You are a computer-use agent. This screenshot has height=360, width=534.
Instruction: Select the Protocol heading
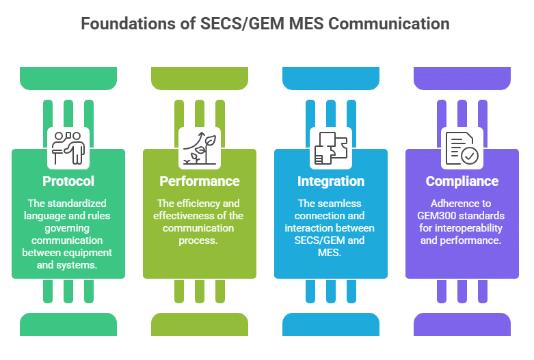point(68,181)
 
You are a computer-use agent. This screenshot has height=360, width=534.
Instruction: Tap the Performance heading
point(200,181)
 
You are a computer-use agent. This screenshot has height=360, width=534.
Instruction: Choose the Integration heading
point(331,181)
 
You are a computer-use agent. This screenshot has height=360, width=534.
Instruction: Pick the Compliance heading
point(462,181)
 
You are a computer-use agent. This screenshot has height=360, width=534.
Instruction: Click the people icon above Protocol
point(68,147)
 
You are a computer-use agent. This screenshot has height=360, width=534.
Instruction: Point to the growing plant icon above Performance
point(200,147)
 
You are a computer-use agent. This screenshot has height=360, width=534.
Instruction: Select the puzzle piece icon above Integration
point(331,147)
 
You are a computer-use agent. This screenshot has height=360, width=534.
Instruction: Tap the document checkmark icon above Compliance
point(462,147)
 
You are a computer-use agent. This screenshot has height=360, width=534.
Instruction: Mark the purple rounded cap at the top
point(462,78)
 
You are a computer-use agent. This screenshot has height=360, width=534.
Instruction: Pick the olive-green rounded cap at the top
point(200,78)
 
